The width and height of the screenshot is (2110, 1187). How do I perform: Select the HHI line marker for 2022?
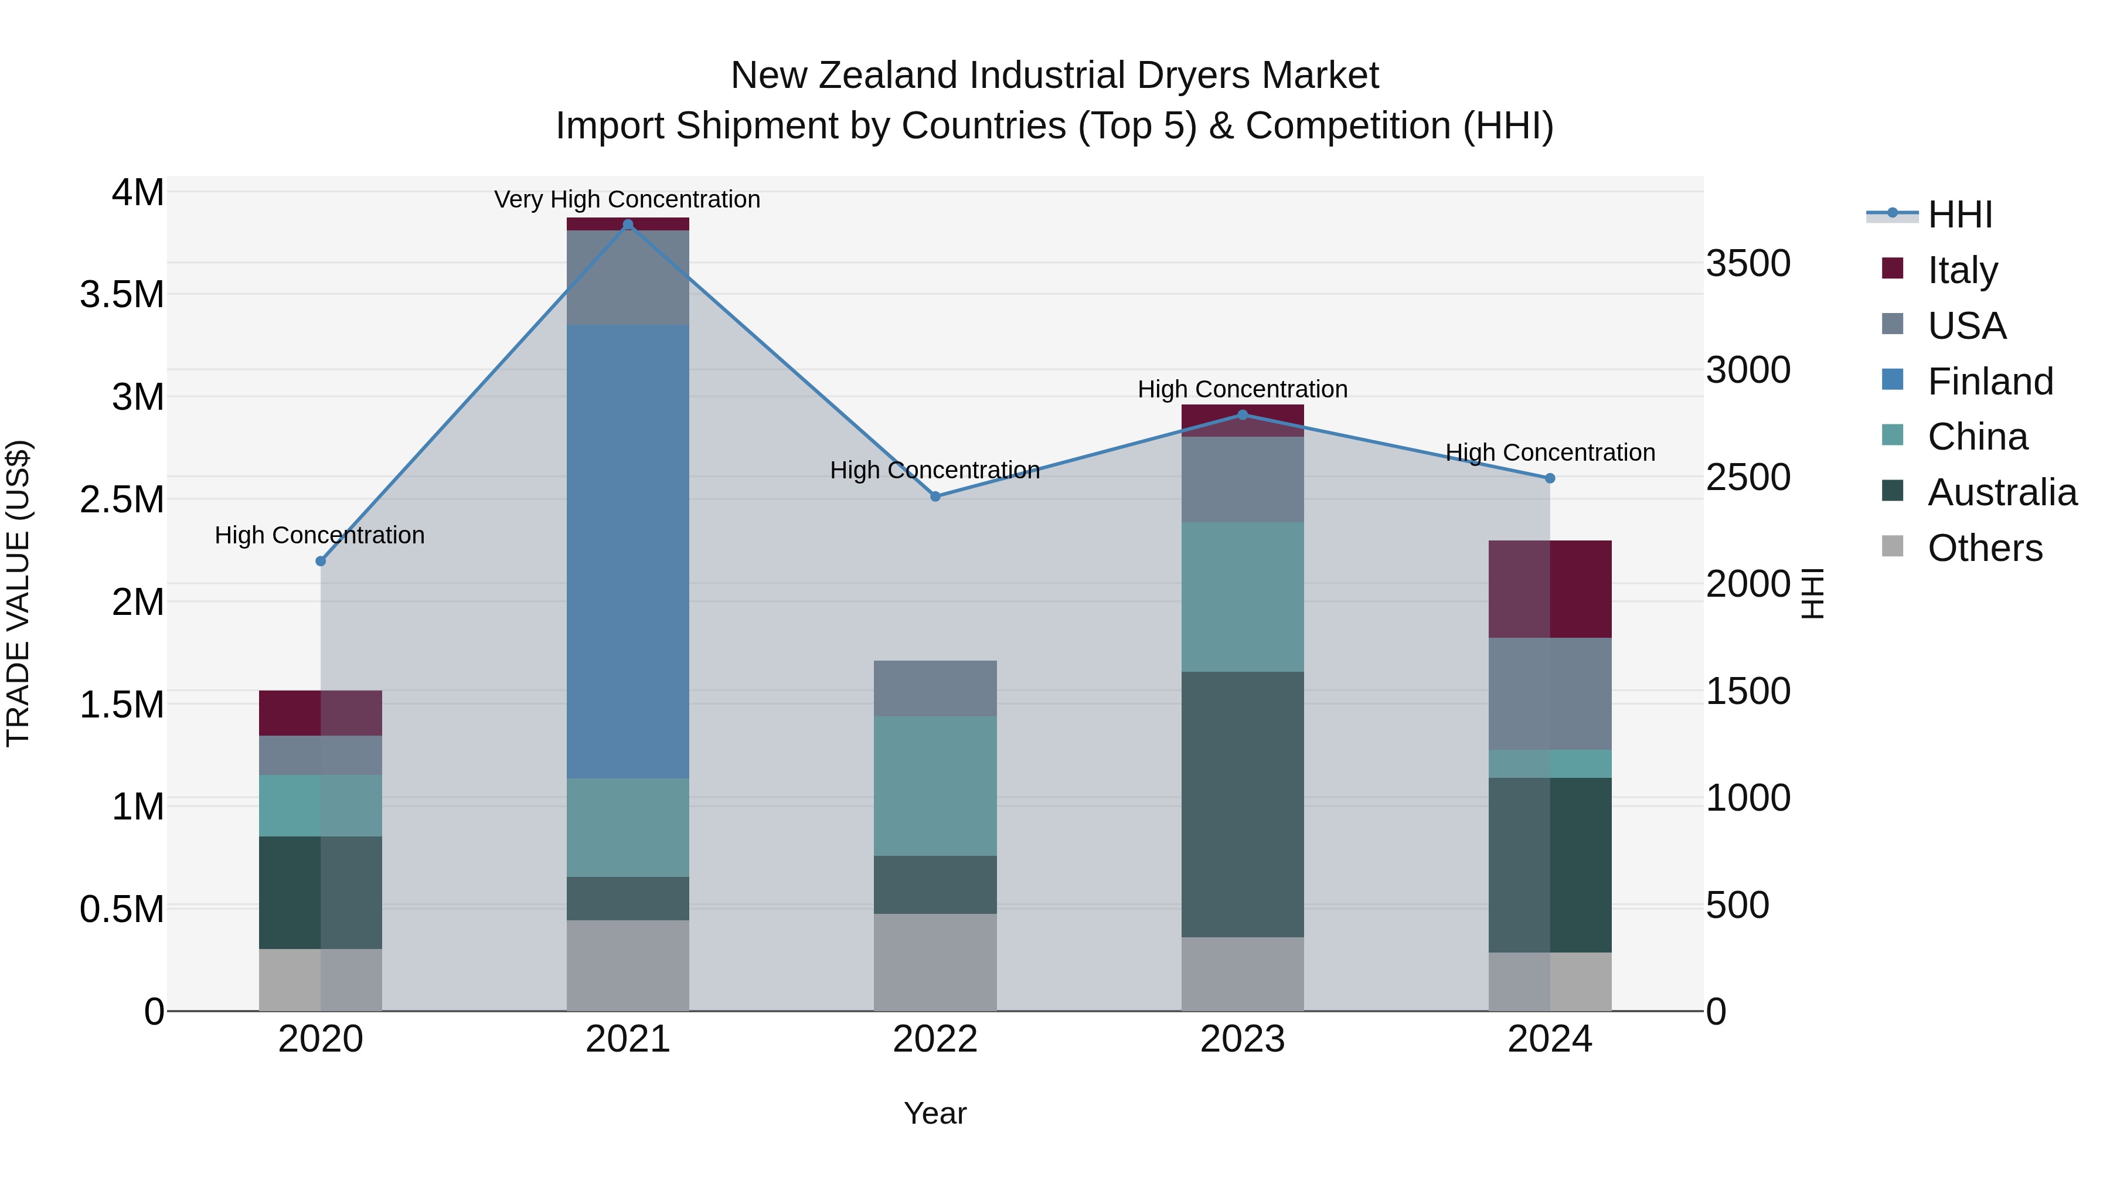coord(935,496)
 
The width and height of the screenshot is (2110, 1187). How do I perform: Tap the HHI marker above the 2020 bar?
coord(320,561)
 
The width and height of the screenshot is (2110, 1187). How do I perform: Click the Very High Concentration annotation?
coord(627,199)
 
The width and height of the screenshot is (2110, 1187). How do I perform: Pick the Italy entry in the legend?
coord(1962,270)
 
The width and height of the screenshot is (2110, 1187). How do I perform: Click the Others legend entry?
coord(1985,547)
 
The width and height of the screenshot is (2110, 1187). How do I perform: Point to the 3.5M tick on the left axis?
coord(122,294)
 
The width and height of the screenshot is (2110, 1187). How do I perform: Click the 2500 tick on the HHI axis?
coord(1748,478)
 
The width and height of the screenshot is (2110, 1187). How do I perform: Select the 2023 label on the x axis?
coord(1242,1039)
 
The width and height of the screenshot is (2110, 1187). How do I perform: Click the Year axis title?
coord(935,1113)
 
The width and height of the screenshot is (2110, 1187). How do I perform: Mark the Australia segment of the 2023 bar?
coord(1242,804)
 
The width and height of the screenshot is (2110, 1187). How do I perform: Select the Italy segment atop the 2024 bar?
coord(1550,589)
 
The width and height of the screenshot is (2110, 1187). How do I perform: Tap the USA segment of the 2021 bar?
coord(627,278)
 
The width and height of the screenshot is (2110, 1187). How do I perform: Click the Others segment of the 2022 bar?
coord(935,962)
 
